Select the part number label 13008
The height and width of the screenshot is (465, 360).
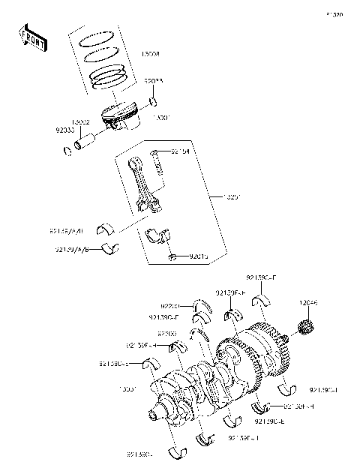tap(149, 55)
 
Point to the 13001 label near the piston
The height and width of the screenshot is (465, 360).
tap(161, 117)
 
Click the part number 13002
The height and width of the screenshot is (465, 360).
tap(81, 121)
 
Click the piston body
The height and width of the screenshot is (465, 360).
tap(120, 116)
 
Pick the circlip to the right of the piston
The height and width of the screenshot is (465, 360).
tap(152, 101)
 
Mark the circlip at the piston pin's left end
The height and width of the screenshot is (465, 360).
tap(67, 153)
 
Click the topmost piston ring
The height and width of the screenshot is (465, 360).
tap(96, 36)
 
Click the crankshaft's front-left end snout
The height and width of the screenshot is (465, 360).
tap(157, 412)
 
